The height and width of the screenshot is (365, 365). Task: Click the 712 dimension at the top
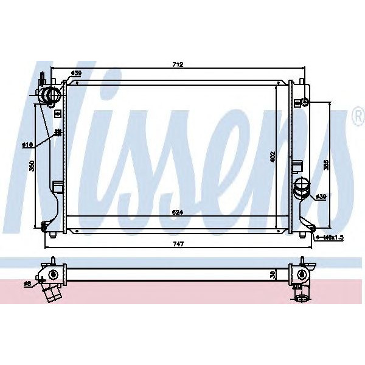click(x=178, y=64)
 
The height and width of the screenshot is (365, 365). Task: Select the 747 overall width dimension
click(x=178, y=243)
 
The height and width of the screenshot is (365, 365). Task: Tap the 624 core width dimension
click(x=178, y=213)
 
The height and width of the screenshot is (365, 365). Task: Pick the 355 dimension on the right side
click(x=326, y=165)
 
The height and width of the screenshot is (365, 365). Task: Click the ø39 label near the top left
click(x=76, y=74)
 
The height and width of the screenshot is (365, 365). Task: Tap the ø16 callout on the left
click(x=27, y=144)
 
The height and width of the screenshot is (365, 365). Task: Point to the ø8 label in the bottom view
click(x=27, y=283)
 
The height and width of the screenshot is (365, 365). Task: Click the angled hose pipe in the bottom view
click(x=52, y=293)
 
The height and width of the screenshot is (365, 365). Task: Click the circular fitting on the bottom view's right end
click(x=301, y=297)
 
